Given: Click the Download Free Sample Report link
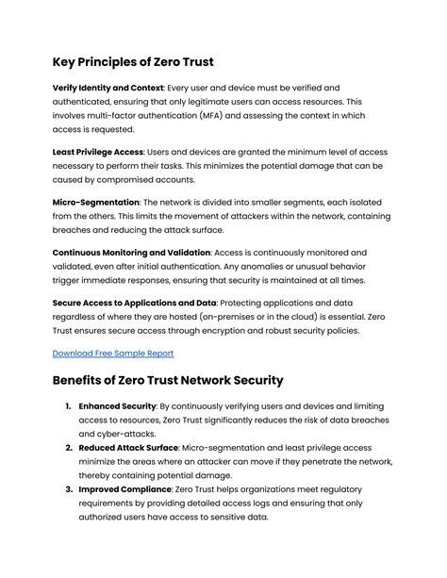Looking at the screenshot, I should [x=112, y=353].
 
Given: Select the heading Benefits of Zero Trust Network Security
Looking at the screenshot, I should [x=168, y=380].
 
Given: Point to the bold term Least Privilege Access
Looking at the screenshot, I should [x=97, y=151].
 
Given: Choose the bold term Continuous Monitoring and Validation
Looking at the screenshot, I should [x=131, y=253].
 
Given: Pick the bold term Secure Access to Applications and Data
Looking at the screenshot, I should [x=135, y=303].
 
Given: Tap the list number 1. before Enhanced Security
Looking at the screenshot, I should [x=70, y=405].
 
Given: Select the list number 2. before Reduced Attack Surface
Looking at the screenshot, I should [x=70, y=448].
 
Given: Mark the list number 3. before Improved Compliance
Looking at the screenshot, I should [x=70, y=491].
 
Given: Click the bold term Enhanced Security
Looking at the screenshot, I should [x=118, y=405].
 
